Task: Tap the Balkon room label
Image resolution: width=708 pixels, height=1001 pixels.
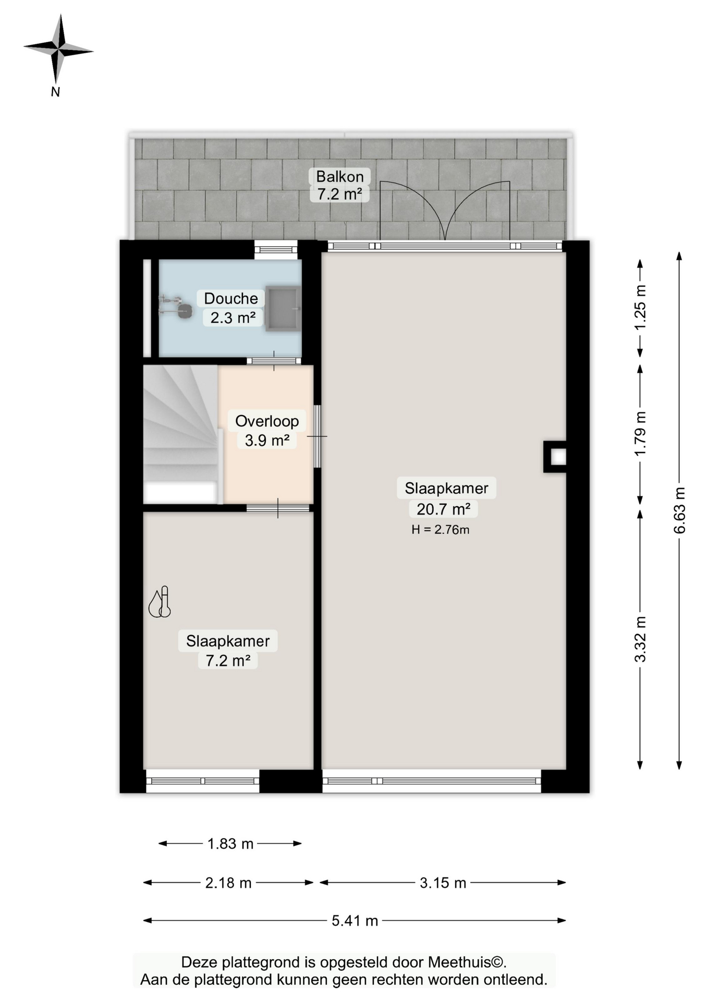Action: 339,185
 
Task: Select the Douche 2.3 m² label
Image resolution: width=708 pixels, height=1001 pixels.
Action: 231,308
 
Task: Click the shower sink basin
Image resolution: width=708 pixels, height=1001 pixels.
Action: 283,308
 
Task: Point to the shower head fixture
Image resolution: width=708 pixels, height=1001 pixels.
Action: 176,307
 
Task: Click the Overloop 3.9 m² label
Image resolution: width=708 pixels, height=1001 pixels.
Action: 267,430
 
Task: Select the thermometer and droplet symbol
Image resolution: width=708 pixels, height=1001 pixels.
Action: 160,602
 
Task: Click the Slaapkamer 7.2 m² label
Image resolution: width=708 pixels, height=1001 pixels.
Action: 228,650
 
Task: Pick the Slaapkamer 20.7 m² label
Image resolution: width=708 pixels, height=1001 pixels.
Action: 446,498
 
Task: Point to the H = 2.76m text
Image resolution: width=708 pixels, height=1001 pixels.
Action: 440,530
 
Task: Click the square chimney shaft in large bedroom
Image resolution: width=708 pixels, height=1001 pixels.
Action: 555,457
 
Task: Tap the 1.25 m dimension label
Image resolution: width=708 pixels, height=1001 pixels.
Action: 640,308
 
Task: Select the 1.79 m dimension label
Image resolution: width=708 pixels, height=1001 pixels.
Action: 640,434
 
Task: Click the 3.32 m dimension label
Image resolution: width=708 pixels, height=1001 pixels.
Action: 640,639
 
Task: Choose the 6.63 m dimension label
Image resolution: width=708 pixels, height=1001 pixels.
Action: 679,510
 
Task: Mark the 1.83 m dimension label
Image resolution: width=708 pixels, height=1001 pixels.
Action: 230,844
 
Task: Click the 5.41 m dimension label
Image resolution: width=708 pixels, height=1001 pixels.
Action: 355,921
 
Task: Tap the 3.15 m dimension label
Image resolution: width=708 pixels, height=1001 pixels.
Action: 443,883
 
